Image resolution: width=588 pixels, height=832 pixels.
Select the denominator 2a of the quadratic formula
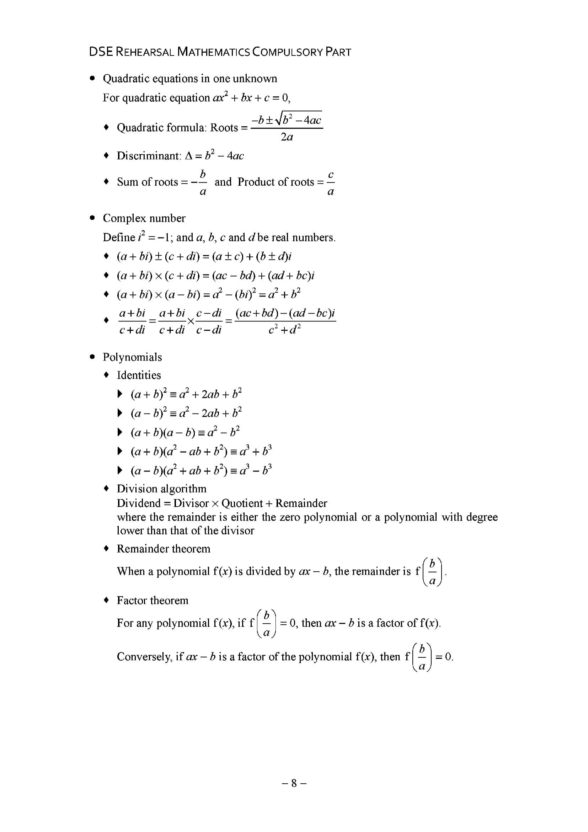[x=287, y=137]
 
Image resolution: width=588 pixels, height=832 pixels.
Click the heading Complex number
[x=144, y=218]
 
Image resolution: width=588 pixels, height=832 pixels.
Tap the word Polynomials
[x=132, y=357]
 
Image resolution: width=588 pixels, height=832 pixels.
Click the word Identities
[x=138, y=375]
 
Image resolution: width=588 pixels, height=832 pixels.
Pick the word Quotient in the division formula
[x=242, y=503]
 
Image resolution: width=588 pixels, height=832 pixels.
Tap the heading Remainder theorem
[x=164, y=549]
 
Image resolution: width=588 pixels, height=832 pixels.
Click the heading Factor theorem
[x=152, y=601]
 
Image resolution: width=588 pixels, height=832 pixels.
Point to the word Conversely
[x=144, y=657]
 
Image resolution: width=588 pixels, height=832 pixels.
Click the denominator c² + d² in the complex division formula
[x=285, y=330]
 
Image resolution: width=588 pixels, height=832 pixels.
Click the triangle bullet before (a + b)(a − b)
[x=120, y=432]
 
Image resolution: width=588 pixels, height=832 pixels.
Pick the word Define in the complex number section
[x=118, y=238]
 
